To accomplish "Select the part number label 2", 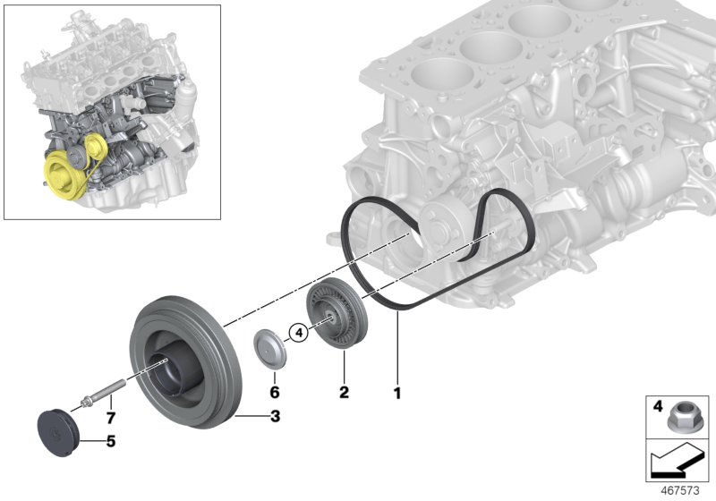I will click(x=344, y=391).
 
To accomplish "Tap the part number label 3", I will click(x=276, y=416).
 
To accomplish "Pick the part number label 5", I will click(x=111, y=440).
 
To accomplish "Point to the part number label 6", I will click(x=276, y=391).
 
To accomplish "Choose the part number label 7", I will click(x=110, y=418).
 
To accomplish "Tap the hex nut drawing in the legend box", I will click(x=686, y=415).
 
